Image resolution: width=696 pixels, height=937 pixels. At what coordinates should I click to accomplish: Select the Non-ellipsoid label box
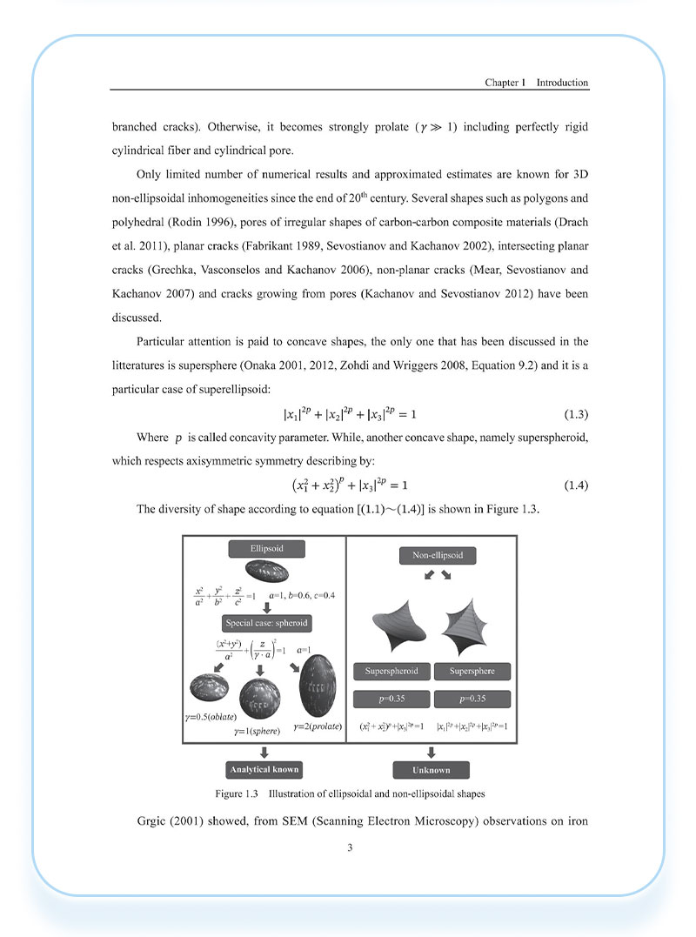pos(432,554)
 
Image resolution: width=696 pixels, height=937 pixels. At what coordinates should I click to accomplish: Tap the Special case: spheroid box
pos(266,623)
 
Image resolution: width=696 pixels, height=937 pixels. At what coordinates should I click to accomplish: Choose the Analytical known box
pos(263,769)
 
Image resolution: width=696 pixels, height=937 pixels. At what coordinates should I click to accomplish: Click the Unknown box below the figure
pos(432,770)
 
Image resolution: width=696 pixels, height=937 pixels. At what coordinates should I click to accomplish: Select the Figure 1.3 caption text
pos(350,793)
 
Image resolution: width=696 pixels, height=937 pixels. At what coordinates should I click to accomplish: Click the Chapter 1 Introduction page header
pos(536,83)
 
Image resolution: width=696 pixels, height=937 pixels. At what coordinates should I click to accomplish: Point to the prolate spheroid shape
pos(317,682)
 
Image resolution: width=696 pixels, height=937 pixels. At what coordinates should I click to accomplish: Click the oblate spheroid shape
pos(209,691)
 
